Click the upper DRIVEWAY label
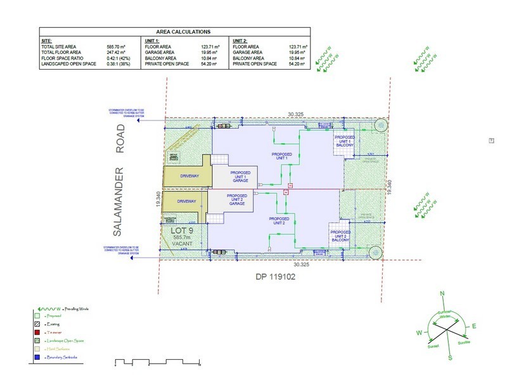(x=188, y=177)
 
